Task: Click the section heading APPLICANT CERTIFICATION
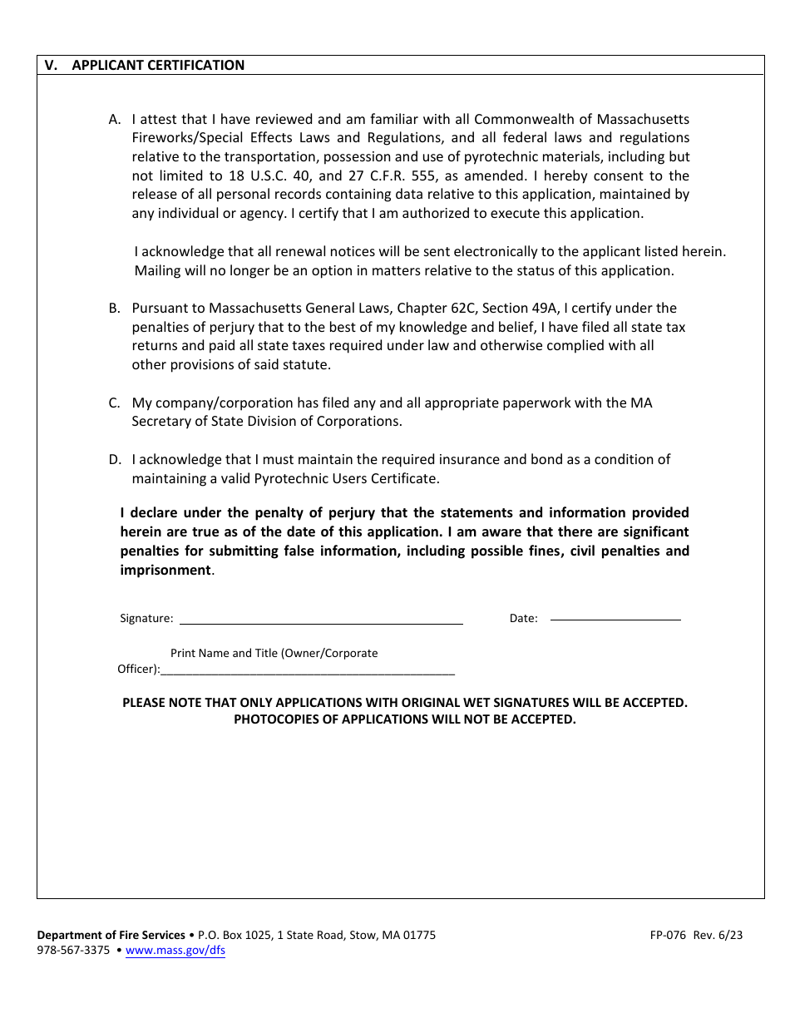pos(158,65)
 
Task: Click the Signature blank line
pos(321,619)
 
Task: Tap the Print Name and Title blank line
pos(308,670)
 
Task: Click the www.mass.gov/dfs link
pos(175,951)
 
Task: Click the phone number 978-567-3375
pos(73,951)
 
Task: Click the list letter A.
pos(114,119)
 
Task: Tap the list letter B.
pos(114,309)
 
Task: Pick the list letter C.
pos(114,403)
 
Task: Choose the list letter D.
pos(114,460)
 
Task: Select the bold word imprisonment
pos(165,571)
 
